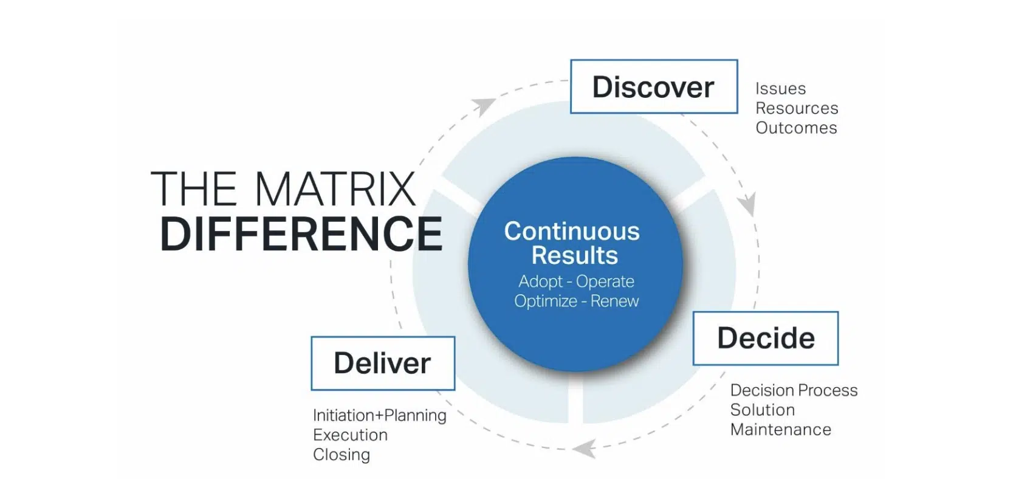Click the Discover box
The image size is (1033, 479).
654,86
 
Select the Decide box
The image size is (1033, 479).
765,338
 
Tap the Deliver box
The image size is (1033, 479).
382,363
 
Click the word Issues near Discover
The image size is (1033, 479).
780,89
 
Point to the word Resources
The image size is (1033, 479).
797,108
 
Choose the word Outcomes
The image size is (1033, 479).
796,128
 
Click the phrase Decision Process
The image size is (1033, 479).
794,390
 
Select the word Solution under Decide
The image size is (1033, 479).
762,410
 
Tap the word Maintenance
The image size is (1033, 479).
780,430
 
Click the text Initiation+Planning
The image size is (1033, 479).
379,415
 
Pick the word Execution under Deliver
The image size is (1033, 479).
350,435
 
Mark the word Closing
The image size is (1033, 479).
341,455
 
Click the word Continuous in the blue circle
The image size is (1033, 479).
571,232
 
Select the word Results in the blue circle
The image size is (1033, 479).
574,256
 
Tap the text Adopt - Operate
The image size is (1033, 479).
575,281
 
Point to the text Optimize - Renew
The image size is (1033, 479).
576,301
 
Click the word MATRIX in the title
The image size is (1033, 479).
335,189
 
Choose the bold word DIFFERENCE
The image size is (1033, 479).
301,234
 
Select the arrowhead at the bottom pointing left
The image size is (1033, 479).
584,449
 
